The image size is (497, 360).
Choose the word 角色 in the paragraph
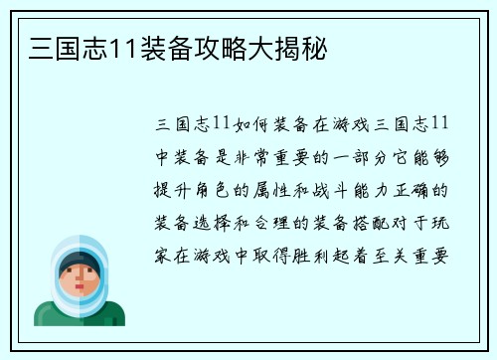tap(211, 190)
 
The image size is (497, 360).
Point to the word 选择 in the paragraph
tap(211, 223)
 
